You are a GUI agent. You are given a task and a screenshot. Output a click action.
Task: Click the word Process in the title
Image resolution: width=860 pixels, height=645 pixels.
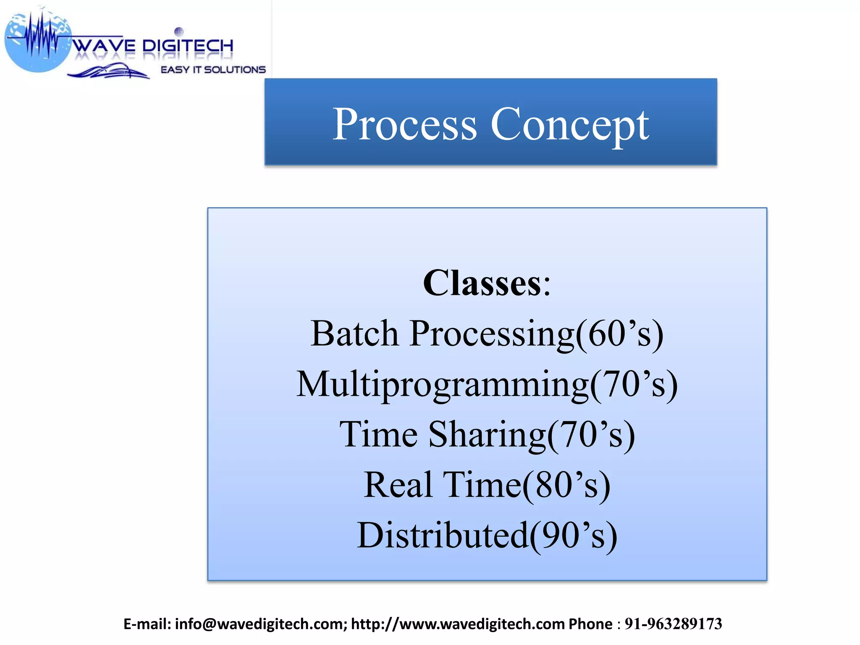pyautogui.click(x=404, y=124)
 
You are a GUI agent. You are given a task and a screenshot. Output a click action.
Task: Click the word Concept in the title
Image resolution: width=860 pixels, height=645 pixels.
pyautogui.click(x=569, y=124)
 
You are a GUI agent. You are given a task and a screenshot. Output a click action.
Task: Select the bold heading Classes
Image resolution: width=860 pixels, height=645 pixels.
pyautogui.click(x=482, y=283)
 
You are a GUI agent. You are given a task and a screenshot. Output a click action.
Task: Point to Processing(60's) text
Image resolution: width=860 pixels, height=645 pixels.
pyautogui.click(x=536, y=333)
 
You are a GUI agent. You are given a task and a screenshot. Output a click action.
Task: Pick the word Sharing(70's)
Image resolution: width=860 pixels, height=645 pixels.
pyautogui.click(x=532, y=434)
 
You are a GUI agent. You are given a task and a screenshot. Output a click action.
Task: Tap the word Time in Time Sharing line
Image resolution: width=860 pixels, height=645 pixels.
pyautogui.click(x=378, y=434)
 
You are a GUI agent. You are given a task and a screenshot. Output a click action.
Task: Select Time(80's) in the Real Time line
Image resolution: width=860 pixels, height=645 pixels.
pyautogui.click(x=527, y=485)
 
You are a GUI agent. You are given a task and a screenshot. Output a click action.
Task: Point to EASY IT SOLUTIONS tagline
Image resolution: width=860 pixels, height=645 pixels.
pyautogui.click(x=213, y=70)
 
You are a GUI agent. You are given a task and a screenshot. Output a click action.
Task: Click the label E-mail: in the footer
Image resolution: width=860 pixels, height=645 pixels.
pyautogui.click(x=147, y=624)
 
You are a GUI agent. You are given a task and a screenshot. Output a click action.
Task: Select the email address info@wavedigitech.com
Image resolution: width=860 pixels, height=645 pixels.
pyautogui.click(x=260, y=624)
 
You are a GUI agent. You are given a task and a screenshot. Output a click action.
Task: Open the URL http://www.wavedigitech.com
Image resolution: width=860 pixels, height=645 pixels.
pyautogui.click(x=457, y=624)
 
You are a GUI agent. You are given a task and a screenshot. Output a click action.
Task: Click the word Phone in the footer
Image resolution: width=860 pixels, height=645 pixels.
pyautogui.click(x=590, y=624)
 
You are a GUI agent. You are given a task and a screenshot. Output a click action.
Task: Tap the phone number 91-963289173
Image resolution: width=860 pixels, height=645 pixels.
pyautogui.click(x=673, y=624)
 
